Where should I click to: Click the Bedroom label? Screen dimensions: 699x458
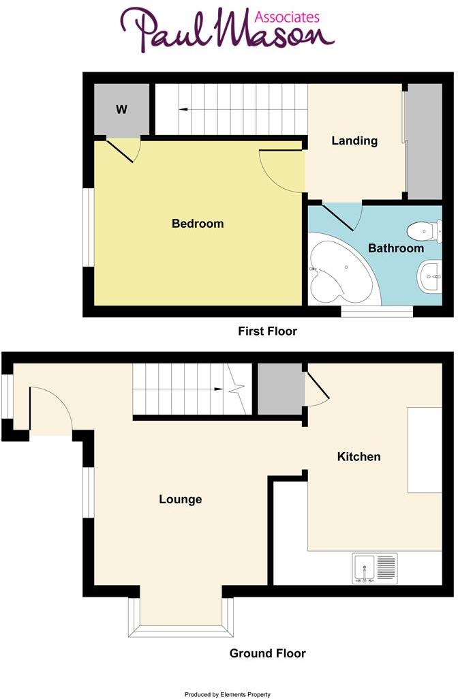pos(198,224)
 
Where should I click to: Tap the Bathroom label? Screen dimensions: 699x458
pos(396,248)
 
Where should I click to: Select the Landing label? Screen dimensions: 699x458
pos(354,141)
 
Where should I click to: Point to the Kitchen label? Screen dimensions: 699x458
pos(359,456)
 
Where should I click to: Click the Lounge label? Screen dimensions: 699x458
pos(181,499)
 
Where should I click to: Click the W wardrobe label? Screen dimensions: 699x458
pos(121,109)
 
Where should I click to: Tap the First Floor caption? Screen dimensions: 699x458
pos(267,331)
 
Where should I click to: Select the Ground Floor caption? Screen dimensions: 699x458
pos(267,653)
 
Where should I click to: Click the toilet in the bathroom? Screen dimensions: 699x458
pos(426,230)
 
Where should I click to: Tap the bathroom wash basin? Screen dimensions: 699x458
pos(429,276)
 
